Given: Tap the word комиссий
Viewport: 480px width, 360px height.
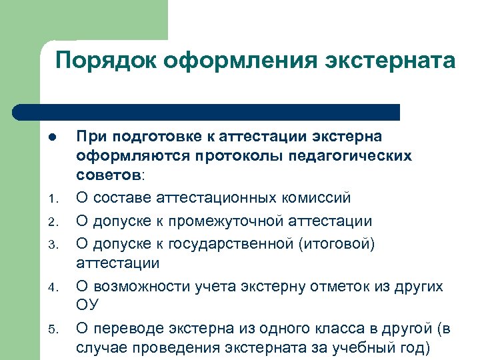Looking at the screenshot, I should click(x=319, y=198).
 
